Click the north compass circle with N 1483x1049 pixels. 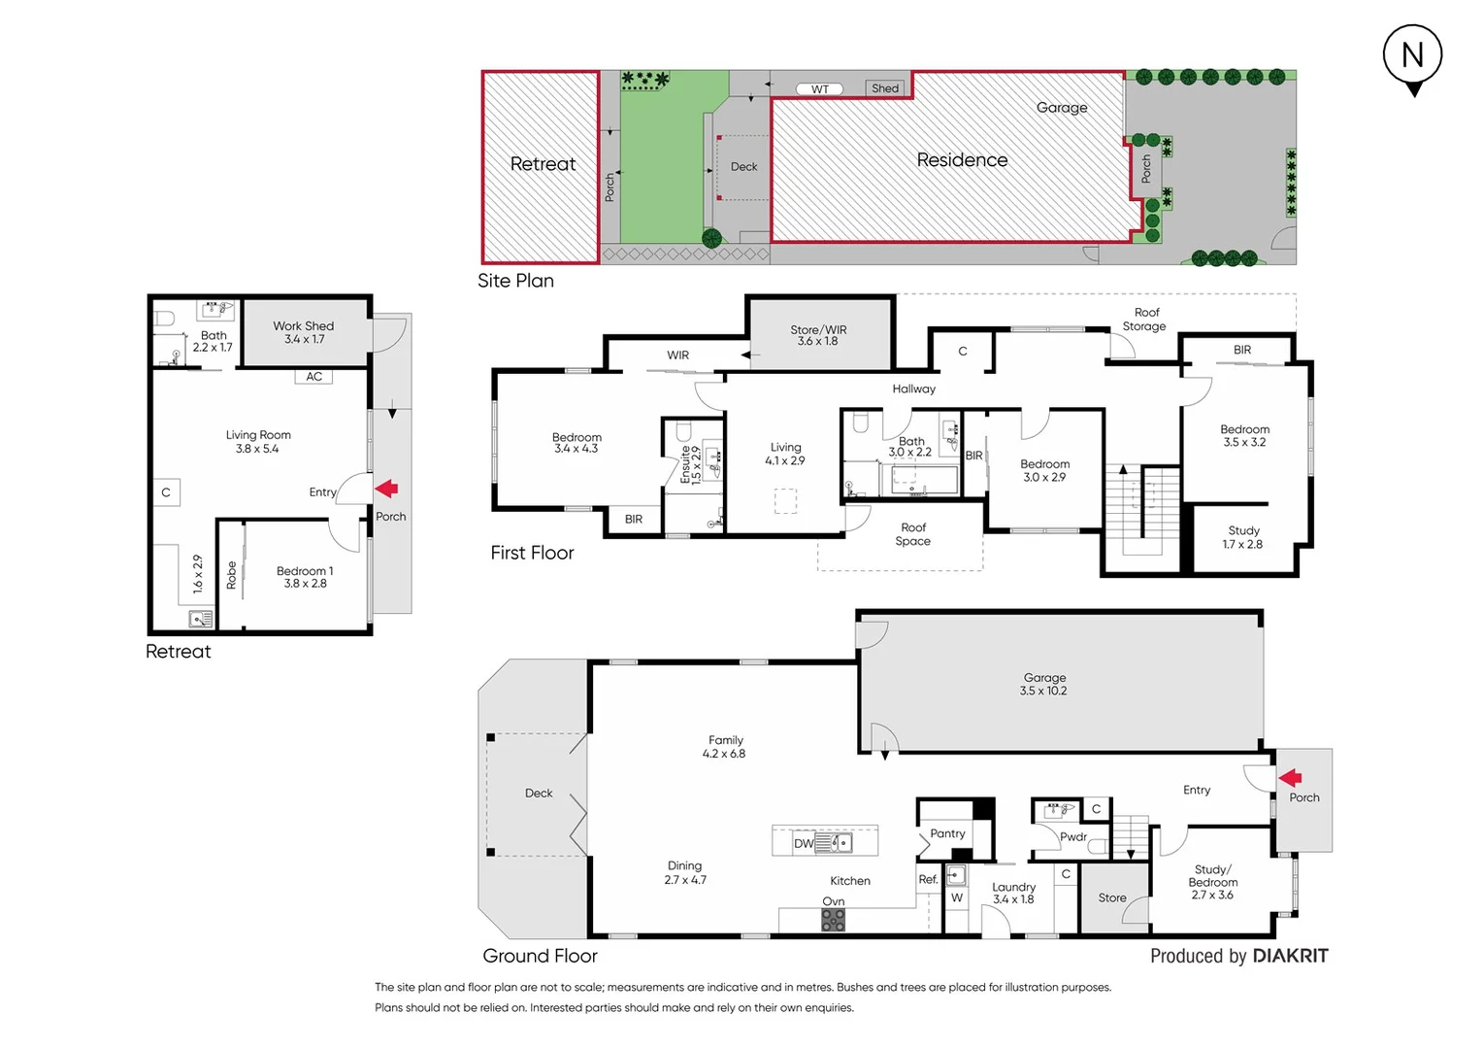(1412, 54)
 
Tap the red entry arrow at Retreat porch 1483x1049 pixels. (387, 489)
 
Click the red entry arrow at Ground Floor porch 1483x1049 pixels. (1290, 777)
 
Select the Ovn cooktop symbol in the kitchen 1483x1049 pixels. (833, 920)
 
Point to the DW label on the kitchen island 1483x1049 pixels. (804, 843)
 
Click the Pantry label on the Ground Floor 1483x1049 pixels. (947, 833)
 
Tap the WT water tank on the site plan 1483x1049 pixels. (820, 89)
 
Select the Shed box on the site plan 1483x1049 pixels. (884, 88)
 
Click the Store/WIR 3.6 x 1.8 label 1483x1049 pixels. (818, 335)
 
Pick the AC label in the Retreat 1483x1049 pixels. (313, 377)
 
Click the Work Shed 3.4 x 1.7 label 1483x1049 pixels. (304, 332)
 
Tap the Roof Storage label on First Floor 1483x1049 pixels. (1145, 320)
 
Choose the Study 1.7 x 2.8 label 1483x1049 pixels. (1243, 537)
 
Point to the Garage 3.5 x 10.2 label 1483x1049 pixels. (1043, 684)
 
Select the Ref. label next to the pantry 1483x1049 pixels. (928, 879)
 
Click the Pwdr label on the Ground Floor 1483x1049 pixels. (1072, 836)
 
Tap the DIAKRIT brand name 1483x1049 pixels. (1290, 956)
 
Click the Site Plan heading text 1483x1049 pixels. (515, 281)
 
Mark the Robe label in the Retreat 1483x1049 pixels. (231, 575)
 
